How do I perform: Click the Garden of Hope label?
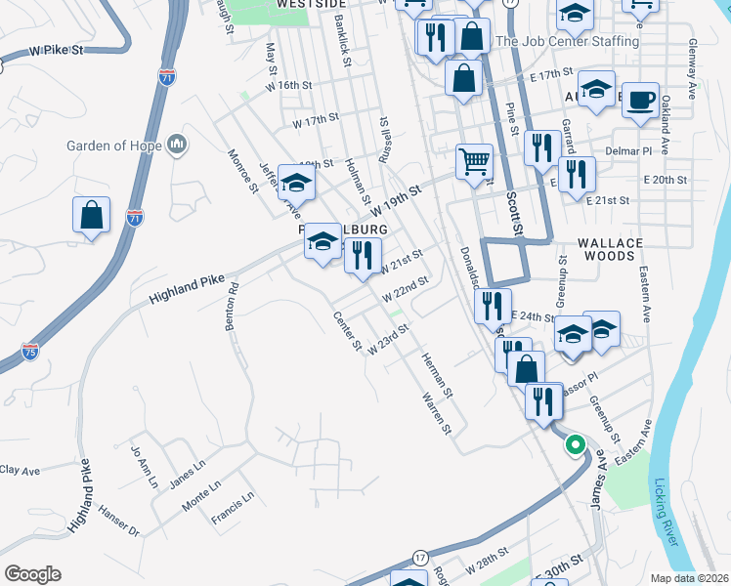[x=113, y=146]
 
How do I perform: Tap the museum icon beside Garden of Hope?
[x=177, y=145]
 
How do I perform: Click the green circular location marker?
[x=575, y=444]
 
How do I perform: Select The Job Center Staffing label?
[x=567, y=42]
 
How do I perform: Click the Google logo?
[x=32, y=574]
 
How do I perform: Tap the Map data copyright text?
[x=689, y=578]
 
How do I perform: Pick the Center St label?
[x=347, y=333]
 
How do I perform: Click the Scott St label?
[x=515, y=212]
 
